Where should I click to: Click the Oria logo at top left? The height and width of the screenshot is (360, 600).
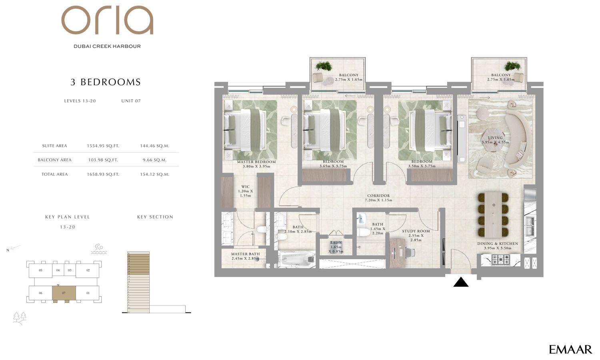(x=107, y=20)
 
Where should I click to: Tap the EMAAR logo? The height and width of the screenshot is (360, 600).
(x=570, y=349)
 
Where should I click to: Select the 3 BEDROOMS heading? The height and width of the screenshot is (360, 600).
(x=106, y=82)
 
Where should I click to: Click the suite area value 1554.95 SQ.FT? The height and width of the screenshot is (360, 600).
(x=103, y=146)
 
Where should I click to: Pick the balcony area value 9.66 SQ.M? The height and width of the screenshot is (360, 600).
(x=154, y=160)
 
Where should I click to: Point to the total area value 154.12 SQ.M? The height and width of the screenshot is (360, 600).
(x=154, y=174)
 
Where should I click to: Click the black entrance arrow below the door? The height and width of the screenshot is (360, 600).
(x=461, y=282)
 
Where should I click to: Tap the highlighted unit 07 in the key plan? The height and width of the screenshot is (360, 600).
(x=64, y=293)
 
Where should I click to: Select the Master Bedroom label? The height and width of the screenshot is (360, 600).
(x=256, y=162)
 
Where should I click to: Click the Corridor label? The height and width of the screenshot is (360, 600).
(x=378, y=196)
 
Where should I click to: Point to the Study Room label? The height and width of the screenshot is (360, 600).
(x=416, y=231)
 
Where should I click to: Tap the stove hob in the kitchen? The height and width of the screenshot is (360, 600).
(x=500, y=259)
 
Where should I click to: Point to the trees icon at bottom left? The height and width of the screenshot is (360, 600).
(x=19, y=317)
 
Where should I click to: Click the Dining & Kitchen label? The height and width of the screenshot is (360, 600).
(x=497, y=244)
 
